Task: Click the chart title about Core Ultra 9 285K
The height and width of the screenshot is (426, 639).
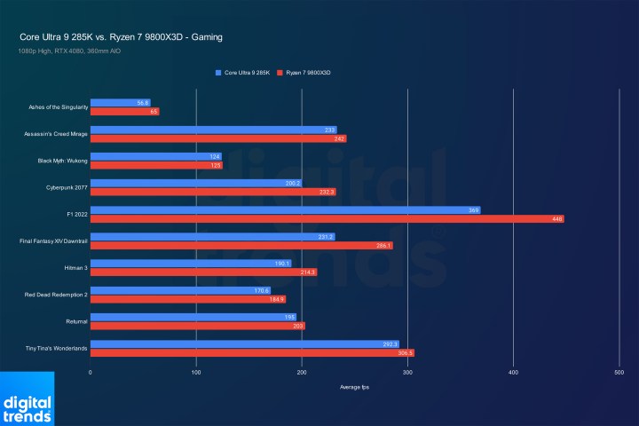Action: tap(121, 37)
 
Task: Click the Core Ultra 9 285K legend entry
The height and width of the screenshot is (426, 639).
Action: tap(242, 71)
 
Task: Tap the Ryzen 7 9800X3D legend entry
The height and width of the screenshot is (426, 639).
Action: tap(310, 71)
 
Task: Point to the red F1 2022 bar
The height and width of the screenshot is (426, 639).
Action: tap(327, 218)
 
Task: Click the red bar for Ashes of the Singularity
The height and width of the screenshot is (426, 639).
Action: tap(124, 112)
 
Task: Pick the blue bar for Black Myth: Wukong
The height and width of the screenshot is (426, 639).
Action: tap(155, 156)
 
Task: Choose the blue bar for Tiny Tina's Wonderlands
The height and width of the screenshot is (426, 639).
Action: tap(244, 343)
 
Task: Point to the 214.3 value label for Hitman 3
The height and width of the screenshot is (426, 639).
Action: tap(307, 272)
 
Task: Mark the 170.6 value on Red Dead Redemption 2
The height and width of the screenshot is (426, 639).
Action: tap(261, 290)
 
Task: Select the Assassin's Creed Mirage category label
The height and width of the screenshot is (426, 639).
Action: tap(55, 134)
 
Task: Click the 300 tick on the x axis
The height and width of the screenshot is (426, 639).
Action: tap(407, 373)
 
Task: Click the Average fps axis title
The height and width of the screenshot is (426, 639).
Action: tap(354, 388)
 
